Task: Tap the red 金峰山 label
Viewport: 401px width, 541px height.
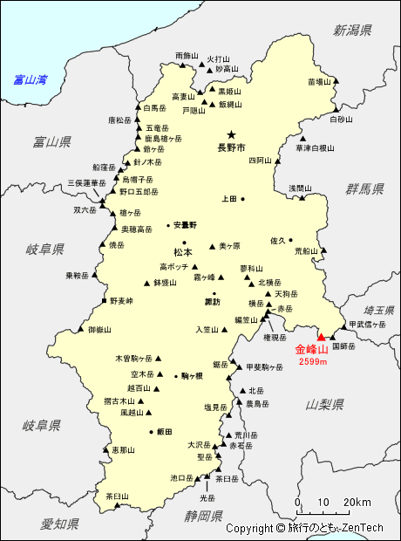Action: [x=311, y=350]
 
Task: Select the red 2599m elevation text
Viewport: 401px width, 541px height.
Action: [x=312, y=361]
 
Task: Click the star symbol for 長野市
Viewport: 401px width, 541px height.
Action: [x=231, y=135]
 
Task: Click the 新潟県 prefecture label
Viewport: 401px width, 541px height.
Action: [x=352, y=31]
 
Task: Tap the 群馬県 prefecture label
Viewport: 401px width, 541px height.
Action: [x=364, y=188]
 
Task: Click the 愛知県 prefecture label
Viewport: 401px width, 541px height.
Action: [x=59, y=524]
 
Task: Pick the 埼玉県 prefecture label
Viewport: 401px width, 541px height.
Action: [x=379, y=310]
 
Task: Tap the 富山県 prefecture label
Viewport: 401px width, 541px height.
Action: [x=51, y=140]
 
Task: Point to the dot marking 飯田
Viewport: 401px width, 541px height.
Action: [x=152, y=431]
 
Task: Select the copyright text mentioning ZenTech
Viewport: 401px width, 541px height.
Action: [x=304, y=528]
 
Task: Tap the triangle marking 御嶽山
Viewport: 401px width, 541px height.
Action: [x=81, y=330]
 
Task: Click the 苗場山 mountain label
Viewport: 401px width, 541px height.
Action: [x=320, y=81]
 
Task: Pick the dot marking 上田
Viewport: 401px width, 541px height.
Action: [x=242, y=199]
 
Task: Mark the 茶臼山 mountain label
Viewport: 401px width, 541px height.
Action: [x=118, y=496]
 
